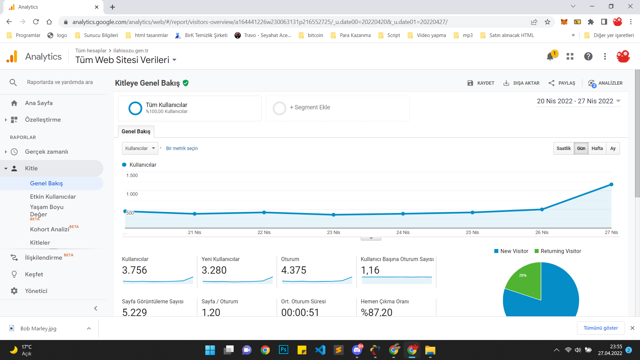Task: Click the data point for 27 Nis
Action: tap(611, 184)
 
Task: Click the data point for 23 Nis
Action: tap(334, 215)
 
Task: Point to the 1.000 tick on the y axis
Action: tap(132, 194)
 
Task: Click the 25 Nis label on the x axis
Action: tap(472, 232)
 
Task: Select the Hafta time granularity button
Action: tap(597, 148)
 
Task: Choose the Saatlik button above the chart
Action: tap(564, 148)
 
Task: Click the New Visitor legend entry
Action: tap(511, 251)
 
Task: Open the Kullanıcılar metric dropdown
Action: tap(140, 148)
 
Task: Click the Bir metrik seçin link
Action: tap(182, 148)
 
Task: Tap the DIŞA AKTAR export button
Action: tap(521, 83)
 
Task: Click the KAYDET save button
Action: tap(481, 83)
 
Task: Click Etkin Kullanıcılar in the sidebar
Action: tap(53, 197)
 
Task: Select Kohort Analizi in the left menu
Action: tap(50, 229)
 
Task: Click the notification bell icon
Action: tap(550, 57)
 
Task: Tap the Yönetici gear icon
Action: tap(14, 291)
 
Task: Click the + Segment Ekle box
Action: tap(337, 108)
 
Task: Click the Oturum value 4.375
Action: tap(294, 270)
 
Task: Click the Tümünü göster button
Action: tap(601, 328)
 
